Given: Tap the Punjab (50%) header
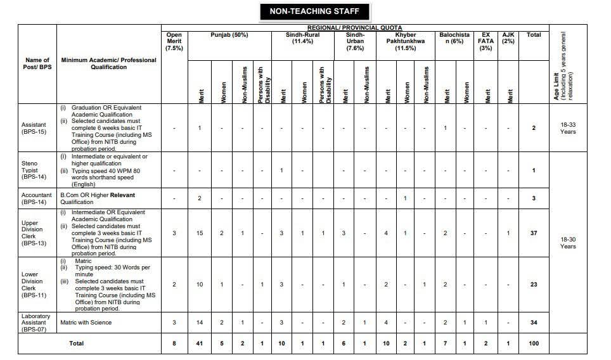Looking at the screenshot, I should pyautogui.click(x=230, y=35).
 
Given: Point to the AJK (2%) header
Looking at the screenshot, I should pyautogui.click(x=508, y=38).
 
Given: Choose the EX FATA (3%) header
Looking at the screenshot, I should pyautogui.click(x=486, y=41).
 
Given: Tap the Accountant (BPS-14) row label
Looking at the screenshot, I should pyautogui.click(x=37, y=198).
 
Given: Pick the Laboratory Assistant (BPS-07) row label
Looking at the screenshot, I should pyautogui.click(x=37, y=323).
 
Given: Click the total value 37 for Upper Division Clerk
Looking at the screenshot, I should pyautogui.click(x=534, y=233).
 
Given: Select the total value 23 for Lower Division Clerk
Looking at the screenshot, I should pyautogui.click(x=534, y=285).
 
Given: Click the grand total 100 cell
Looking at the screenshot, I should pyautogui.click(x=534, y=344).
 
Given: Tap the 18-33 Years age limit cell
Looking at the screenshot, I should pyautogui.click(x=567, y=128).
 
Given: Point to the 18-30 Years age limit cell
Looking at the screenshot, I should pyautogui.click(x=567, y=242).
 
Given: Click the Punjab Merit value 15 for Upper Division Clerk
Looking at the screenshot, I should pyautogui.click(x=200, y=233).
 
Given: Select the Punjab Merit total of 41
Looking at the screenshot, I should pyautogui.click(x=200, y=344).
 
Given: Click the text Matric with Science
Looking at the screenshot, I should pyautogui.click(x=86, y=323).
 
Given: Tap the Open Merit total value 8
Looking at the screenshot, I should pyautogui.click(x=174, y=344).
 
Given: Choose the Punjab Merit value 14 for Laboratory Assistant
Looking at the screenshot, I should pyautogui.click(x=200, y=323).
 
